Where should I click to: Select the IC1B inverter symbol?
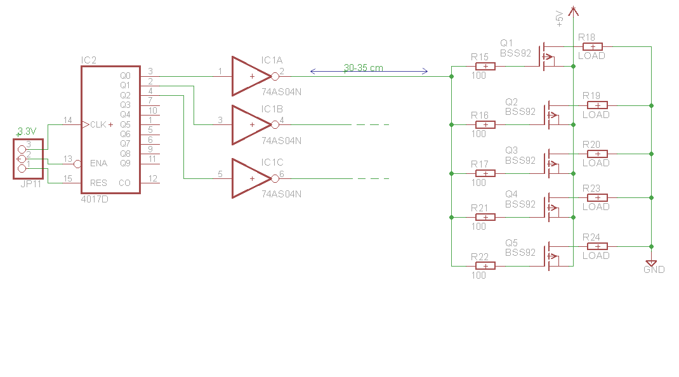coord(250,125)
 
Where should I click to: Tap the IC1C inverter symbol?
coord(250,178)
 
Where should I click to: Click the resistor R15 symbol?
coord(485,66)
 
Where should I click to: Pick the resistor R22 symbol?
coord(485,265)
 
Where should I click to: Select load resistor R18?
coord(592,46)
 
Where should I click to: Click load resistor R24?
coord(597,246)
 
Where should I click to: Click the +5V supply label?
coord(559,18)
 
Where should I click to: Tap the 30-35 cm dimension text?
coord(363,68)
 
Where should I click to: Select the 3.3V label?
coord(27,131)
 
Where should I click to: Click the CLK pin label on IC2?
coord(98,124)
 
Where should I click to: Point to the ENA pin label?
coord(99,163)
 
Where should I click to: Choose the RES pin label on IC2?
coord(98,183)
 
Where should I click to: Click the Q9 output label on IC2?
coord(125,163)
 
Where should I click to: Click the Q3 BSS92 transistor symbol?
coord(551,163)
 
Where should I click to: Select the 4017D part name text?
coord(95,199)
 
